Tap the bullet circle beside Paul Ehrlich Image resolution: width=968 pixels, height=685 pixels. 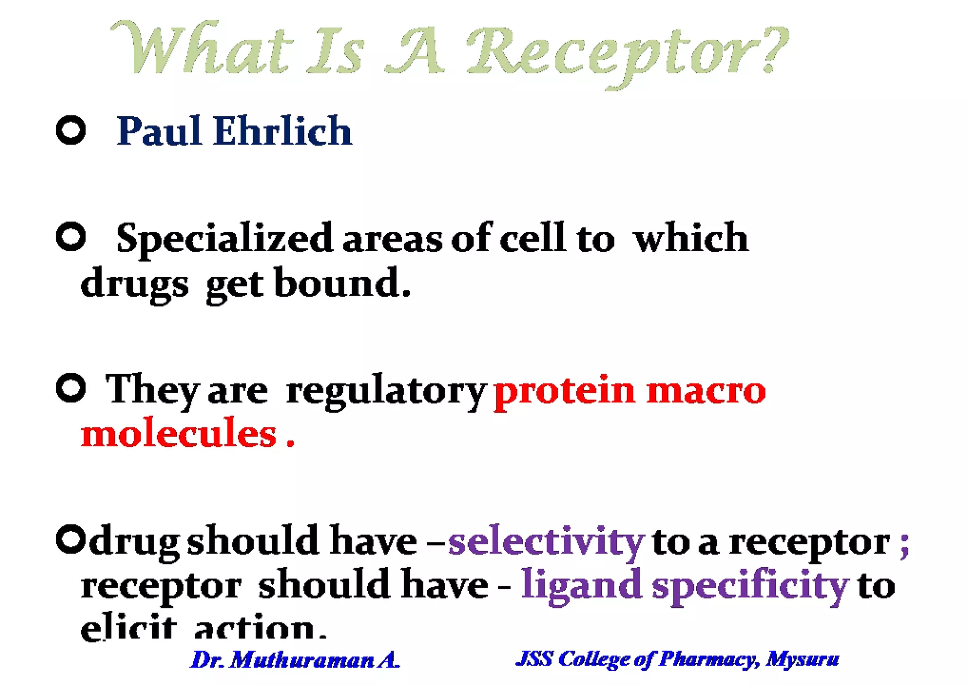tap(71, 130)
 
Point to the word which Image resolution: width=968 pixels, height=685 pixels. tap(691, 238)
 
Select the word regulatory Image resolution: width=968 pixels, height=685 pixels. tap(386, 391)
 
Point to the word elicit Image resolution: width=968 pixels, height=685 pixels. tap(129, 628)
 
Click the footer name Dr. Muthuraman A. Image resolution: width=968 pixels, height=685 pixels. tap(295, 659)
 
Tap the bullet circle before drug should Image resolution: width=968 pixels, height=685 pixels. tap(71, 539)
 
